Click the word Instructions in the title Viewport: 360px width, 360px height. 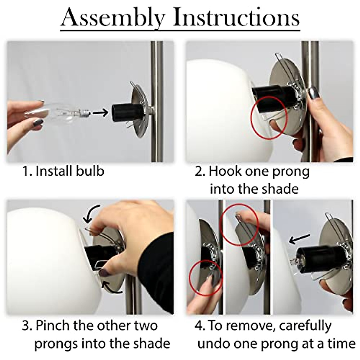[236, 18]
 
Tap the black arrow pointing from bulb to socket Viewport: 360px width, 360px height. [100, 113]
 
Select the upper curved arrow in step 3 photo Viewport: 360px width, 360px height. [91, 214]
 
